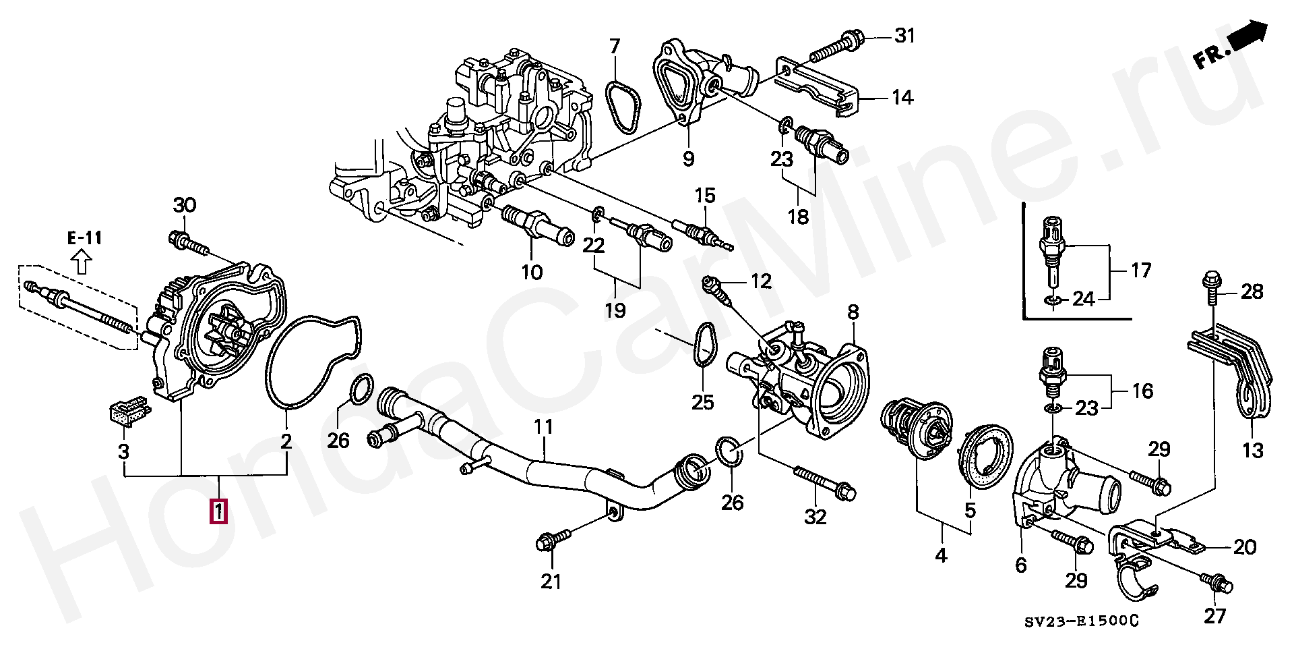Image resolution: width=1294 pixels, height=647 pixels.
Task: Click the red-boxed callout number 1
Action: click(218, 511)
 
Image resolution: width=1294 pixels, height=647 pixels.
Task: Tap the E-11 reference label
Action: click(85, 237)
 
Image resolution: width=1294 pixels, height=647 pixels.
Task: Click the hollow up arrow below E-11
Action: click(82, 261)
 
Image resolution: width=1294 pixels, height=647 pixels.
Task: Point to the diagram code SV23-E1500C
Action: click(1081, 621)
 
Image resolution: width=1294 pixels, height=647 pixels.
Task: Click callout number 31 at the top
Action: click(905, 35)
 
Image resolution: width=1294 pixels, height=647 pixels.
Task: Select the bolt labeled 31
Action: click(836, 45)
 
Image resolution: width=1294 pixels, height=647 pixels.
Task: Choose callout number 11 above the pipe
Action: click(543, 426)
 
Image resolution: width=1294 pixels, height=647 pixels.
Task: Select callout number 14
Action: click(902, 98)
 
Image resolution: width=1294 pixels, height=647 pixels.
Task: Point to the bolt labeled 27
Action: click(1216, 584)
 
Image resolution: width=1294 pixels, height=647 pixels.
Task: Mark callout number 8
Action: click(853, 312)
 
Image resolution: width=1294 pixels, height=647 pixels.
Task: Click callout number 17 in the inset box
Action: click(1140, 271)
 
